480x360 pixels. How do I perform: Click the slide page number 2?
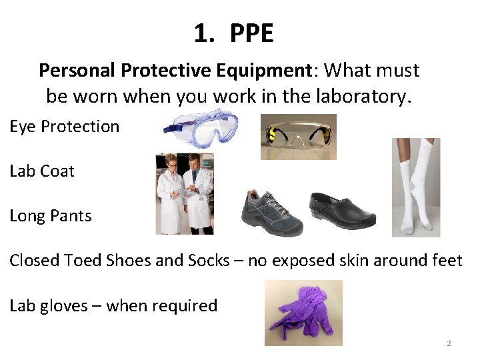coord(449,343)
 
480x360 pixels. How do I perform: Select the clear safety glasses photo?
coord(298,137)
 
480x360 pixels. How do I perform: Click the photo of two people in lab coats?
coord(185,193)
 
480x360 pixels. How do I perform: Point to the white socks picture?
coord(416,187)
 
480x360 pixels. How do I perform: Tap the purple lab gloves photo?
coord(303,313)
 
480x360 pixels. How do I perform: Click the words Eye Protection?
coord(64,127)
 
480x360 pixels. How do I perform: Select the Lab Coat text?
coord(41,171)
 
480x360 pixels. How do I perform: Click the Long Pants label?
coord(50,216)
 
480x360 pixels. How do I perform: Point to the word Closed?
coord(34,261)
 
